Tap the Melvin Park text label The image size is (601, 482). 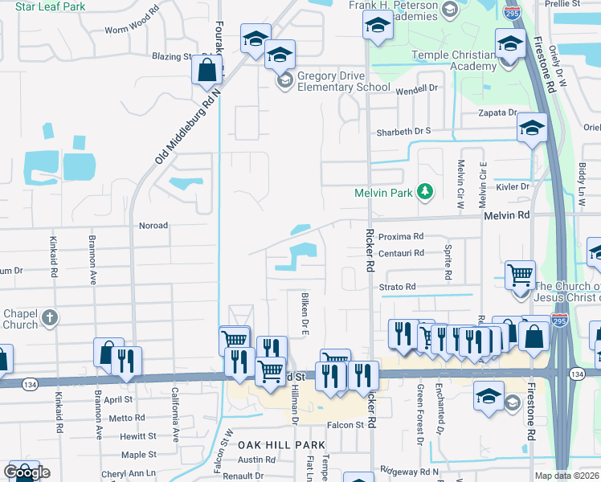tap(384, 193)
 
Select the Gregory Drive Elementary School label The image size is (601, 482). tap(343, 81)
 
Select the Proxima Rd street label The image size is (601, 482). tap(400, 237)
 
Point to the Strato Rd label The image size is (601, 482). tap(399, 287)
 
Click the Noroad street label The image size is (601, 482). tap(153, 226)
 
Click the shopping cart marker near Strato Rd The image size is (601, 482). tap(520, 275)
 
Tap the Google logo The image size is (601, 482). tap(26, 472)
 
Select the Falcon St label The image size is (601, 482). tap(345, 424)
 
